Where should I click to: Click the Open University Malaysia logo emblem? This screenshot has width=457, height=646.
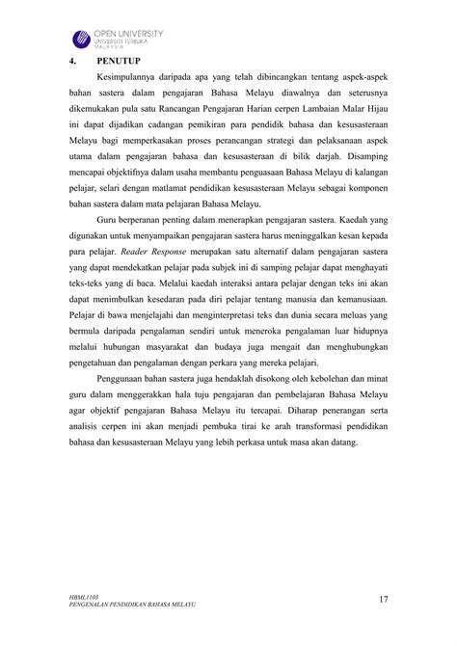coord(80,40)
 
